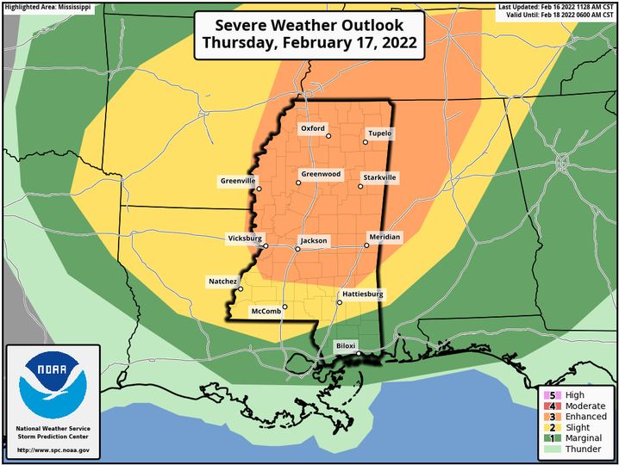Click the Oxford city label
coord(313,128)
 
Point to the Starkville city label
coord(378,177)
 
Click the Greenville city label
coord(238,181)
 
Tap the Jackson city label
coord(314,240)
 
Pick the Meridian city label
coord(385,237)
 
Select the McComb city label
coord(266,310)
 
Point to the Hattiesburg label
coord(363,294)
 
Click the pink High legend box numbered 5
coord(547,395)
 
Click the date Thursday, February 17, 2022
coord(309,41)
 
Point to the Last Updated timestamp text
coord(557,7)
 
